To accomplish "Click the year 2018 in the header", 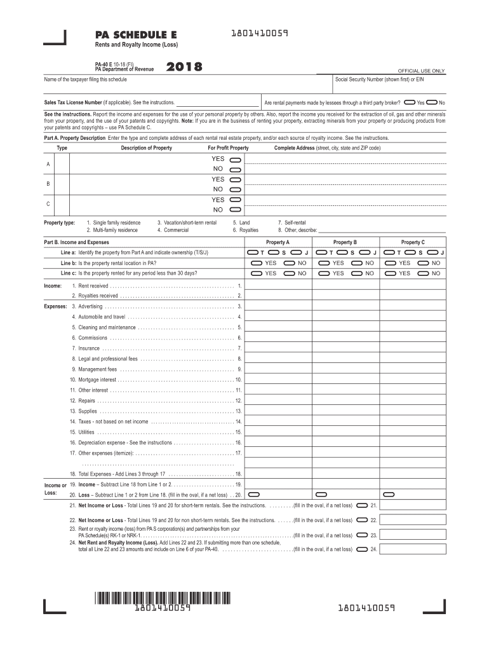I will (x=184, y=67).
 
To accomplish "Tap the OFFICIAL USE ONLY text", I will (x=421, y=71).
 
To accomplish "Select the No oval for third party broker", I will (x=432, y=102).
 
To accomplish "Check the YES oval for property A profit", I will (x=234, y=159).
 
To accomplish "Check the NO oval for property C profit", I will (x=234, y=209).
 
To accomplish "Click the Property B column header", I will (x=345, y=242).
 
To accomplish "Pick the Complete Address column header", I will (x=327, y=148).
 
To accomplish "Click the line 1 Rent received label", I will (x=93, y=286).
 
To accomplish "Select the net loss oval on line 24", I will (x=362, y=549).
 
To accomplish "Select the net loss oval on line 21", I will (x=362, y=505).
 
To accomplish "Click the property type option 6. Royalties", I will (x=245, y=230).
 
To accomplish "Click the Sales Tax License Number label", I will (x=72, y=102).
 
